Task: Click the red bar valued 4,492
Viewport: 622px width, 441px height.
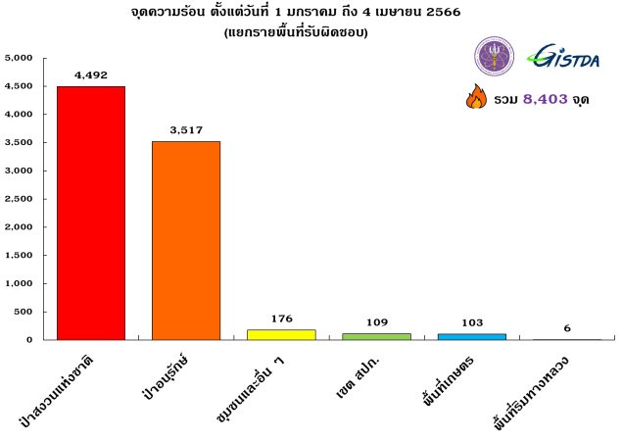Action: [x=91, y=213]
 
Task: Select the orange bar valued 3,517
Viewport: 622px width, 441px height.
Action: [x=186, y=240]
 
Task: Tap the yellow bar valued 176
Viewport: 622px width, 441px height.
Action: [x=281, y=334]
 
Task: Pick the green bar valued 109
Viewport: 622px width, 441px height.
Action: [x=376, y=336]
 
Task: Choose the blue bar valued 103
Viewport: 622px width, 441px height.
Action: [x=471, y=336]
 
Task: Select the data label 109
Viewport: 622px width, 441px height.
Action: [x=376, y=319]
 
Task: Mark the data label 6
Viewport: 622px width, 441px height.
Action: [x=566, y=327]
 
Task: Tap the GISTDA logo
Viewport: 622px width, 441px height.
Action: [x=566, y=57]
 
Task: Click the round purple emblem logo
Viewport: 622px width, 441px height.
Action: [x=494, y=57]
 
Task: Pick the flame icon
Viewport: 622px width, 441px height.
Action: [x=476, y=98]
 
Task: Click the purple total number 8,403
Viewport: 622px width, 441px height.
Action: [x=546, y=99]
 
